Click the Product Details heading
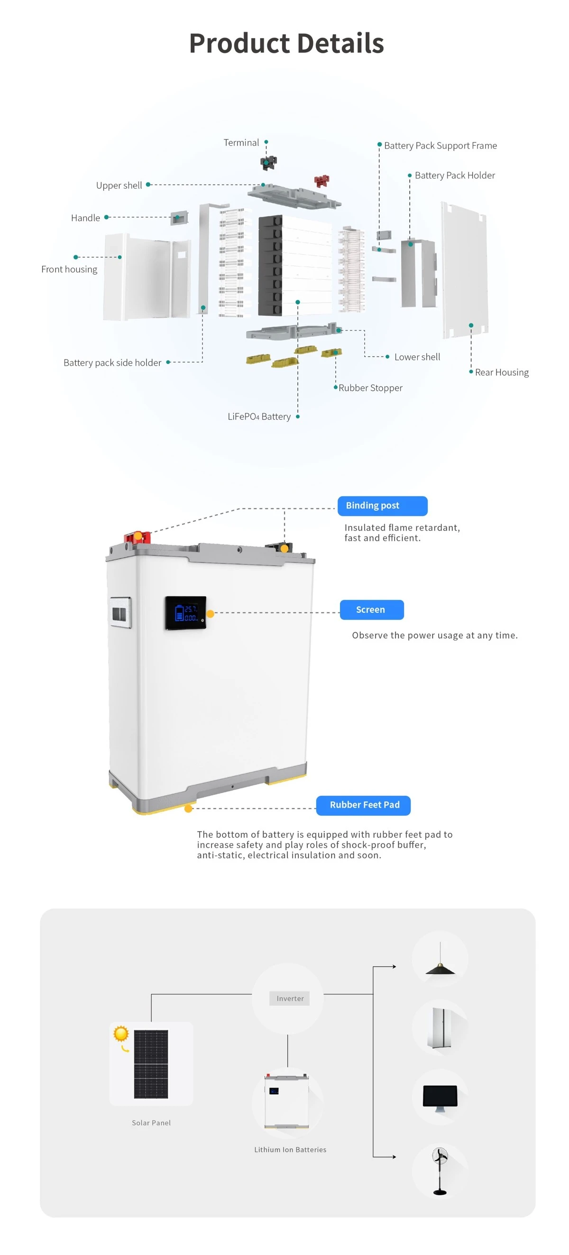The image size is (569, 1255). (x=286, y=43)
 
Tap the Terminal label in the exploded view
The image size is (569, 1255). (x=241, y=142)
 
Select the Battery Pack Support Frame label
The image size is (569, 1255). (x=441, y=145)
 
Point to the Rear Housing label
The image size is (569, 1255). (x=502, y=372)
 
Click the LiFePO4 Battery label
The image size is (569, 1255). (x=259, y=416)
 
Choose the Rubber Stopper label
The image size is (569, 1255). (x=370, y=388)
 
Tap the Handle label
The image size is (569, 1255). (x=85, y=218)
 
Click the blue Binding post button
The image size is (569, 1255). (x=383, y=506)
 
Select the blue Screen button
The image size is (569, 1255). (x=372, y=609)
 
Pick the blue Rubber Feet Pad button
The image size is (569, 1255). (x=363, y=805)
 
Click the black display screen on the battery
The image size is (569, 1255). (x=185, y=613)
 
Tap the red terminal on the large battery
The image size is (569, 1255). (x=138, y=537)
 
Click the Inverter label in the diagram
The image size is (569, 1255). (x=290, y=998)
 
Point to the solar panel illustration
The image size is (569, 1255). (x=151, y=1064)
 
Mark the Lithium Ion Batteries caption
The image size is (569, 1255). (x=290, y=1149)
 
